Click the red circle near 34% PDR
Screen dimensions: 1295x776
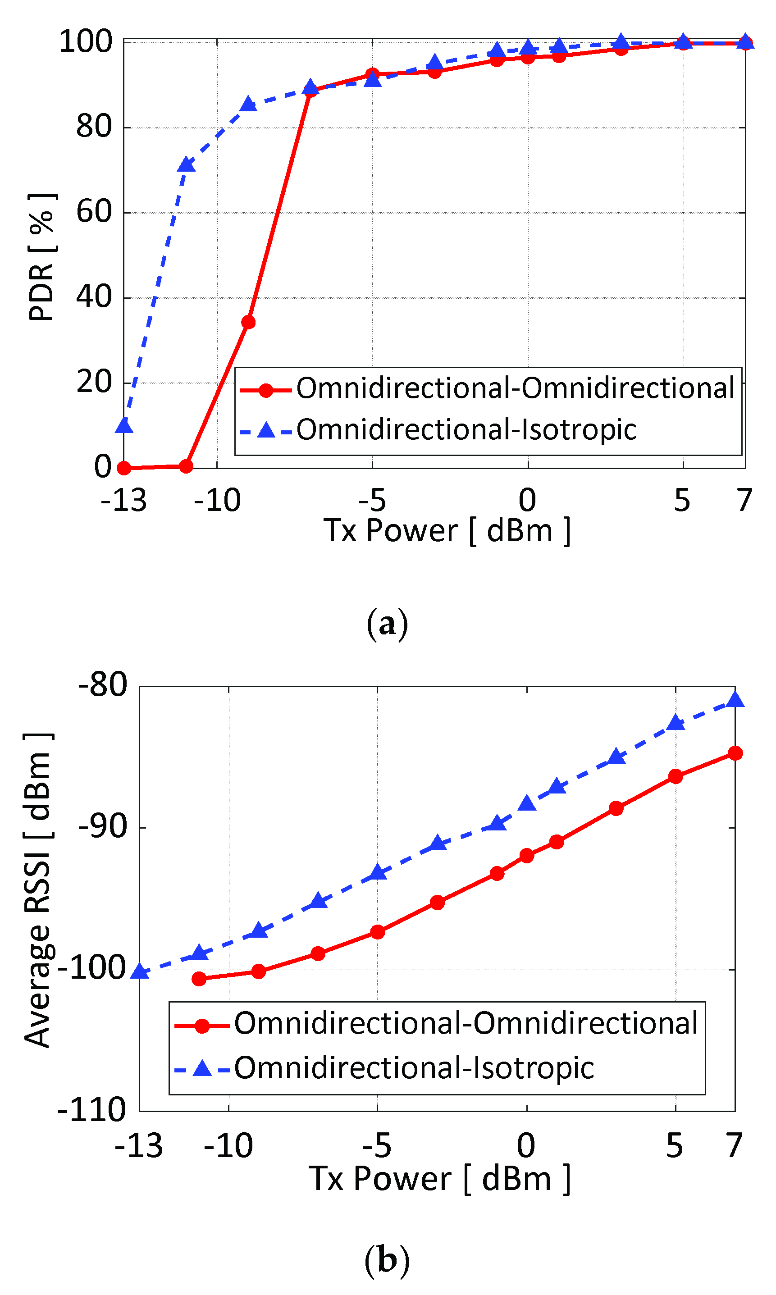coord(248,322)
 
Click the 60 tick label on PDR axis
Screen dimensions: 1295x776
coord(94,212)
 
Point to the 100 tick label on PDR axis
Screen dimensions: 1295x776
coord(86,41)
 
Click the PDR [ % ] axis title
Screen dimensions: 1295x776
coord(41,257)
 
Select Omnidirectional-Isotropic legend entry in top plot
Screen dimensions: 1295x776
coord(466,430)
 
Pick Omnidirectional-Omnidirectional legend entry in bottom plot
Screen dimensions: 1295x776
coord(466,1023)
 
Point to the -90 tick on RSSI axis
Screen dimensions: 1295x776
coord(102,826)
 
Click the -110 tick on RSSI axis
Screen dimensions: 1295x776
coord(92,1109)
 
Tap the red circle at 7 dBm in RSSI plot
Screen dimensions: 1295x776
coord(735,753)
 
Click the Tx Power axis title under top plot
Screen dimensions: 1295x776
coord(447,531)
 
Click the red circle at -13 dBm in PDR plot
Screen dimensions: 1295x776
coord(124,468)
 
